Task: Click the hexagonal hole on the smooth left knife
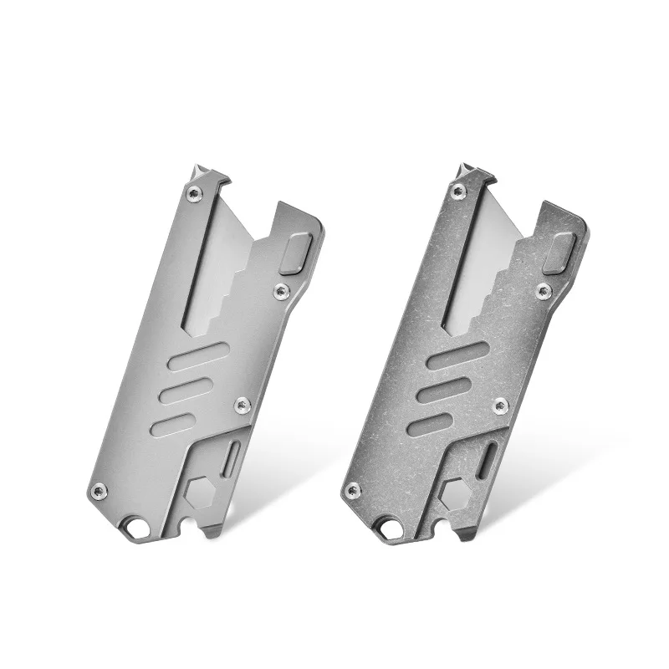(198, 493)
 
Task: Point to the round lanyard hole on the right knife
(391, 528)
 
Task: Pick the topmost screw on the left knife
(195, 194)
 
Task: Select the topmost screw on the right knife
(457, 192)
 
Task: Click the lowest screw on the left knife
(99, 490)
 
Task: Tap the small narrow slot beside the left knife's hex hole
(233, 457)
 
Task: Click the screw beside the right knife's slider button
(544, 290)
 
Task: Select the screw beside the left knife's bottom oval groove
(243, 406)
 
